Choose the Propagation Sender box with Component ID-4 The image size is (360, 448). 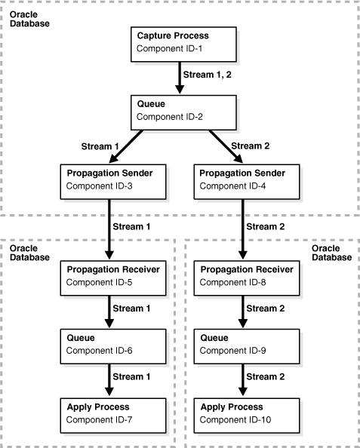(242, 180)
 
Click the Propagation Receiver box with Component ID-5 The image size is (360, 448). (111, 276)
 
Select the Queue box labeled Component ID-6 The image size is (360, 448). (111, 345)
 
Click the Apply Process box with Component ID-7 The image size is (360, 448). (111, 411)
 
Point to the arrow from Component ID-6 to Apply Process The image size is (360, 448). (110, 379)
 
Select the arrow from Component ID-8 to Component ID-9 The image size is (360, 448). (243, 311)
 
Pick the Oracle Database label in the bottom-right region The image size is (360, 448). (331, 253)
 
